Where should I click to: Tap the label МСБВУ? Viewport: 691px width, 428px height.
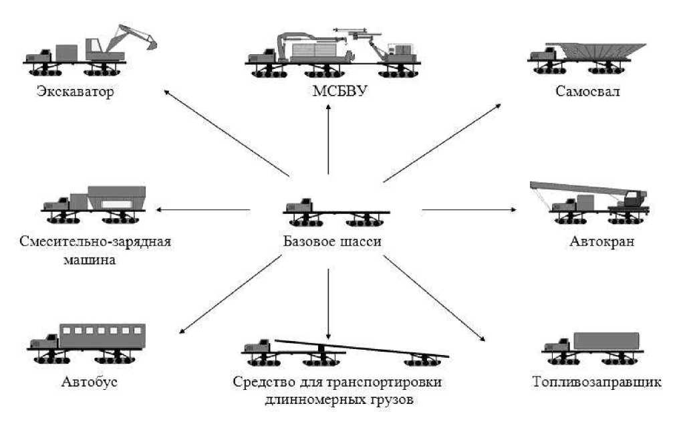click(x=328, y=90)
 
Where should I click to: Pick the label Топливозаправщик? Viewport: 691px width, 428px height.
click(x=597, y=383)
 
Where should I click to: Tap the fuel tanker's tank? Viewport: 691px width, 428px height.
click(x=606, y=341)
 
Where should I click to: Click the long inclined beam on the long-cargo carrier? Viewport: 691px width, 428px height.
click(x=361, y=348)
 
